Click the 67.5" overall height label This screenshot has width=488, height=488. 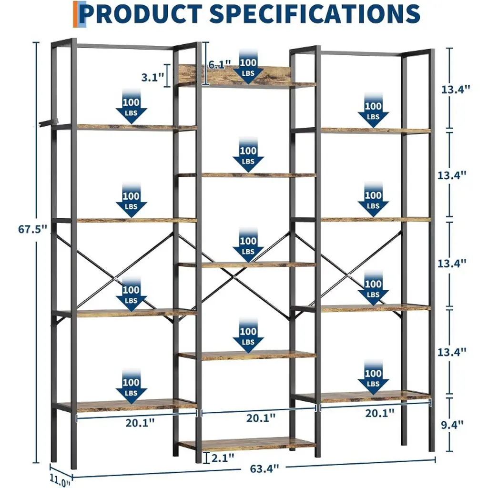(32, 229)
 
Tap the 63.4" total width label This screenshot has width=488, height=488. (264, 469)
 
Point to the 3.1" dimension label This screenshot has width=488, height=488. (152, 77)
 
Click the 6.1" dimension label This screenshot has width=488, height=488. (219, 65)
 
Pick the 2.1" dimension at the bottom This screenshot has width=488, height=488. (223, 458)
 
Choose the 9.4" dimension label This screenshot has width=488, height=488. (452, 425)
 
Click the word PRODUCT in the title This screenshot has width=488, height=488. (142, 14)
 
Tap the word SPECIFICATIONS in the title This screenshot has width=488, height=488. (315, 14)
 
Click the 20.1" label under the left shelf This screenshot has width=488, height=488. (140, 423)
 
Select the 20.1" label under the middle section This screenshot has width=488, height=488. (261, 418)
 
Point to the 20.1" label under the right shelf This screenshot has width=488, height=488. (380, 413)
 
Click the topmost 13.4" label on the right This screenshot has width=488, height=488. (455, 89)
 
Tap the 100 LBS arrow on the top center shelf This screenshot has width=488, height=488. (248, 67)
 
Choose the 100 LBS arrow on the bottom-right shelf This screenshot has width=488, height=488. (373, 377)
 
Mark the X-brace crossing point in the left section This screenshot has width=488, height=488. (115, 278)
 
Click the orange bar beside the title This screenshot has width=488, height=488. (75, 14)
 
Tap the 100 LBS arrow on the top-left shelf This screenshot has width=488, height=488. (131, 106)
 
